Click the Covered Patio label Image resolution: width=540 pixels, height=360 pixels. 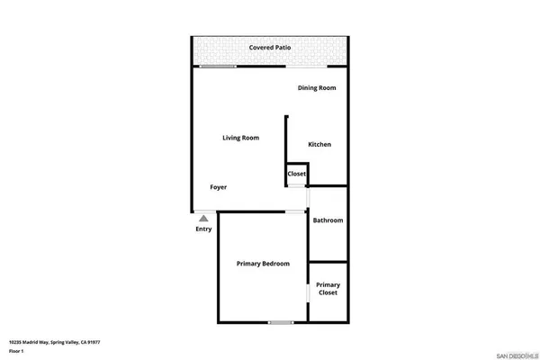tap(269, 47)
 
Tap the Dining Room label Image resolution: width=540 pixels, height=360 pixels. tap(317, 87)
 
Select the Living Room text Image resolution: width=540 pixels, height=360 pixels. tap(241, 138)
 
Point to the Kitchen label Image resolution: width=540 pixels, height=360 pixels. tap(320, 145)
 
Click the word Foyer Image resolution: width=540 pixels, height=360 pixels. tap(219, 187)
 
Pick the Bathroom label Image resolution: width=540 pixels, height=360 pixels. tap(328, 220)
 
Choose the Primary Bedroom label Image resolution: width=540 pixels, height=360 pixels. tap(263, 264)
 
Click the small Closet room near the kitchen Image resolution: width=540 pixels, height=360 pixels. tap(297, 174)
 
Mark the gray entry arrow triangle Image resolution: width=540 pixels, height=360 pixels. tap(204, 217)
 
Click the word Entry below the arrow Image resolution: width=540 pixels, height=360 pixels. tap(204, 229)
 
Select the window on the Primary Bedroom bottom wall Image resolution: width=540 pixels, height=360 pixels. tap(281, 322)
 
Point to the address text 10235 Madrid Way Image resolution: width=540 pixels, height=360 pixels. tap(40, 342)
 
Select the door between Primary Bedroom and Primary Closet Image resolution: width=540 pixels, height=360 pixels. tap(308, 292)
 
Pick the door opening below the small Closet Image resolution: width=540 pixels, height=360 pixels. tap(295, 186)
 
